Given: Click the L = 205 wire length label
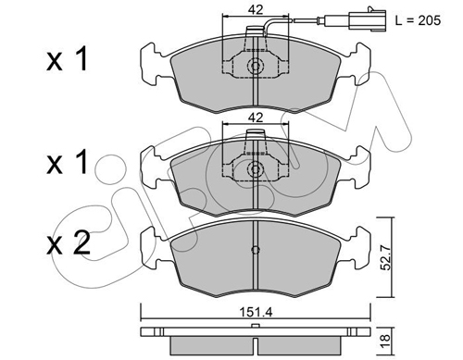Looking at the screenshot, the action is point(418,20).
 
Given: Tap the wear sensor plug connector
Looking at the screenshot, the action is point(368,20).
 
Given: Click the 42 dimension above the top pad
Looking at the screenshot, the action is point(256,10).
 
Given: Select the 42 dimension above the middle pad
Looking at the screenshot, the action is point(256,118).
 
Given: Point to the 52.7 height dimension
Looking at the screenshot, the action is point(385,257).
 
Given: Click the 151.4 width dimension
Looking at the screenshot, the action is point(256,313).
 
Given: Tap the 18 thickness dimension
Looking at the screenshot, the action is point(385,341).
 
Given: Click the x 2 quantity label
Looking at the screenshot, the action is point(69,242).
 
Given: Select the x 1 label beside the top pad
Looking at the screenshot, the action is point(67,59).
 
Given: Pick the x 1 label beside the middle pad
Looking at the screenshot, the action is point(67,162).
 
